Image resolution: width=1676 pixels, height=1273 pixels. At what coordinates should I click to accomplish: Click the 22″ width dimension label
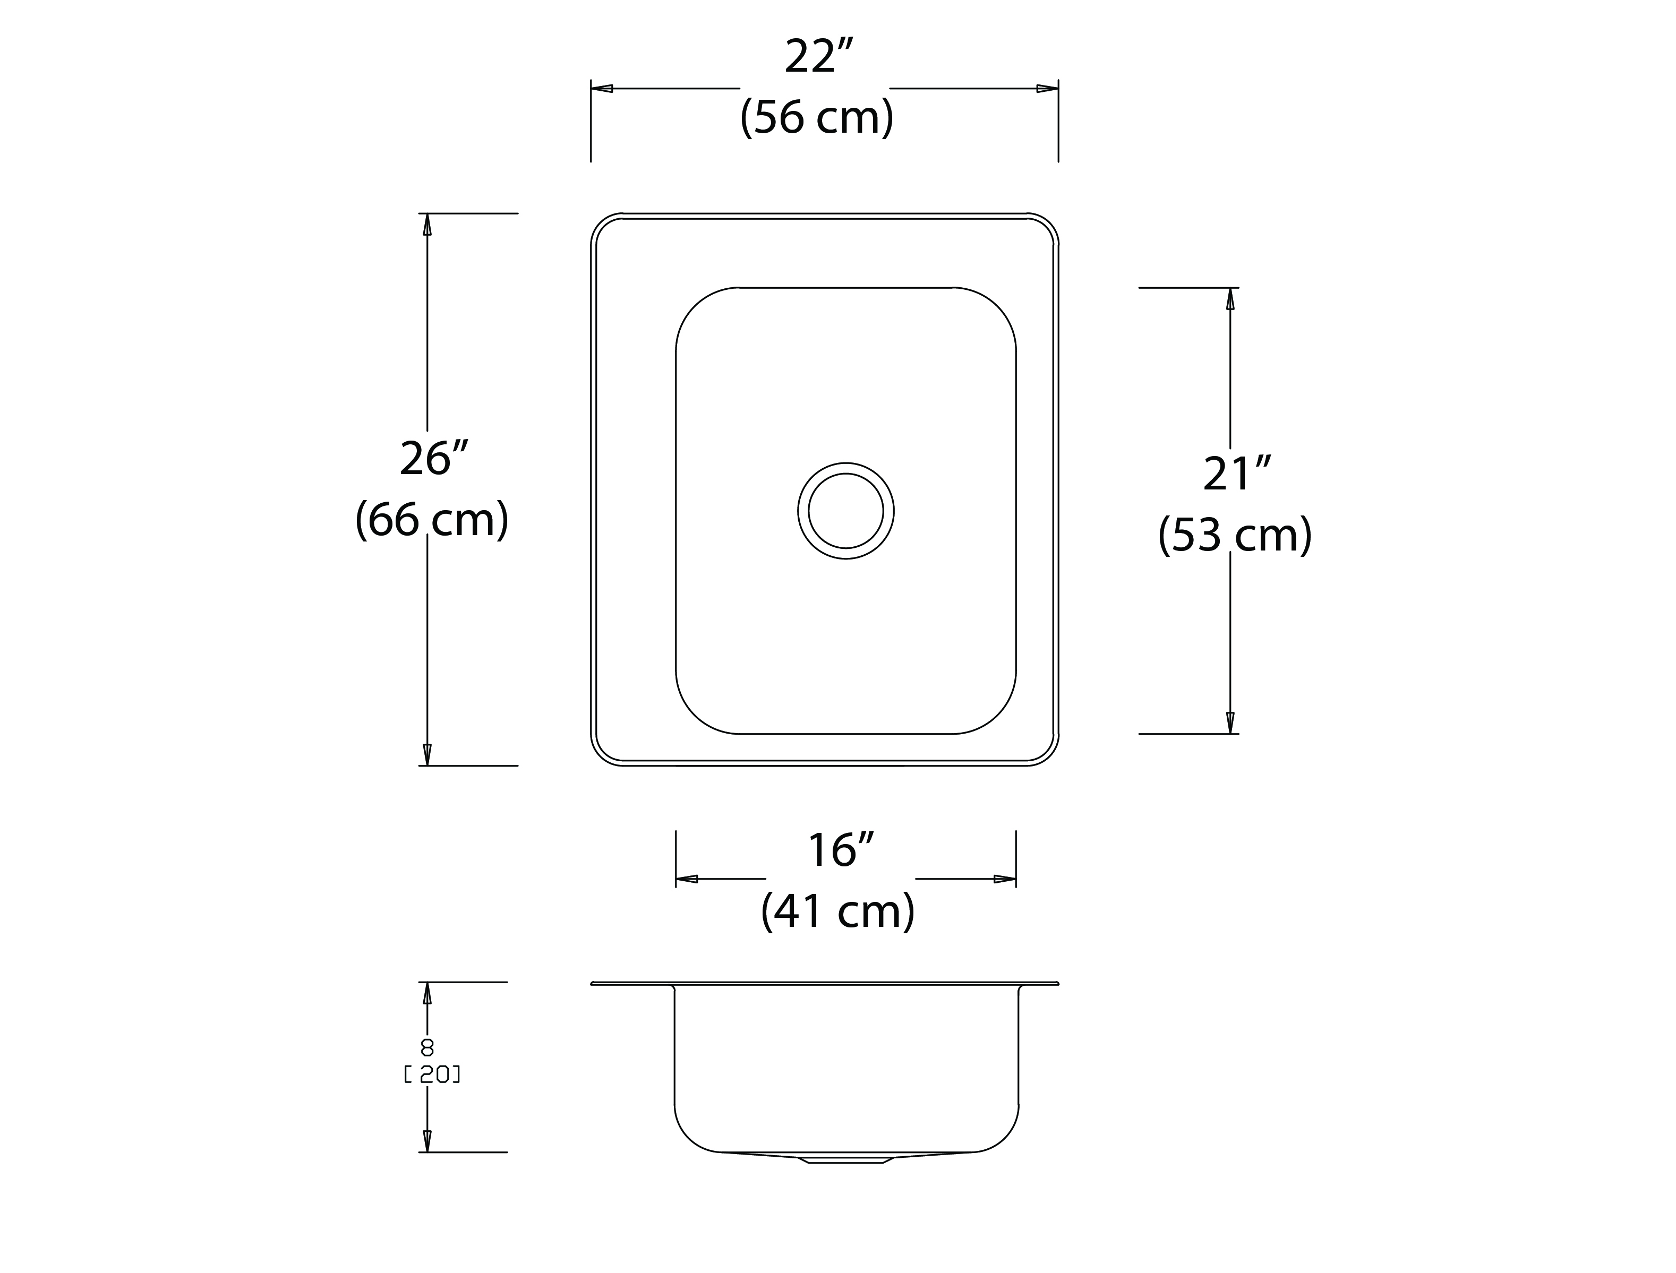click(x=819, y=56)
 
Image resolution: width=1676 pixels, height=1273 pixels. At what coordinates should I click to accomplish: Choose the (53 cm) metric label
click(x=1235, y=535)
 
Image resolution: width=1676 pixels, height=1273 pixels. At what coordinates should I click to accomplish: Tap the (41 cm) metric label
click(x=839, y=911)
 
